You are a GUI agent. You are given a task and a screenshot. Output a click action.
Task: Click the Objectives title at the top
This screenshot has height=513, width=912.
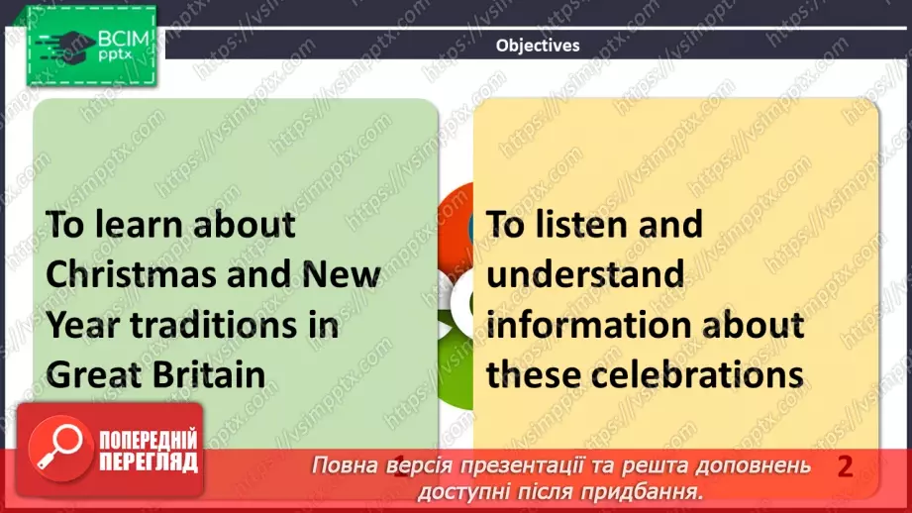click(x=538, y=45)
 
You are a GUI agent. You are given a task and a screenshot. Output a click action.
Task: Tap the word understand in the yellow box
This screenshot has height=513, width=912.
click(x=584, y=274)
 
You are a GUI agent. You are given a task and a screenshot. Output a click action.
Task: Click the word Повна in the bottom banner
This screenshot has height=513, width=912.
click(x=343, y=466)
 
